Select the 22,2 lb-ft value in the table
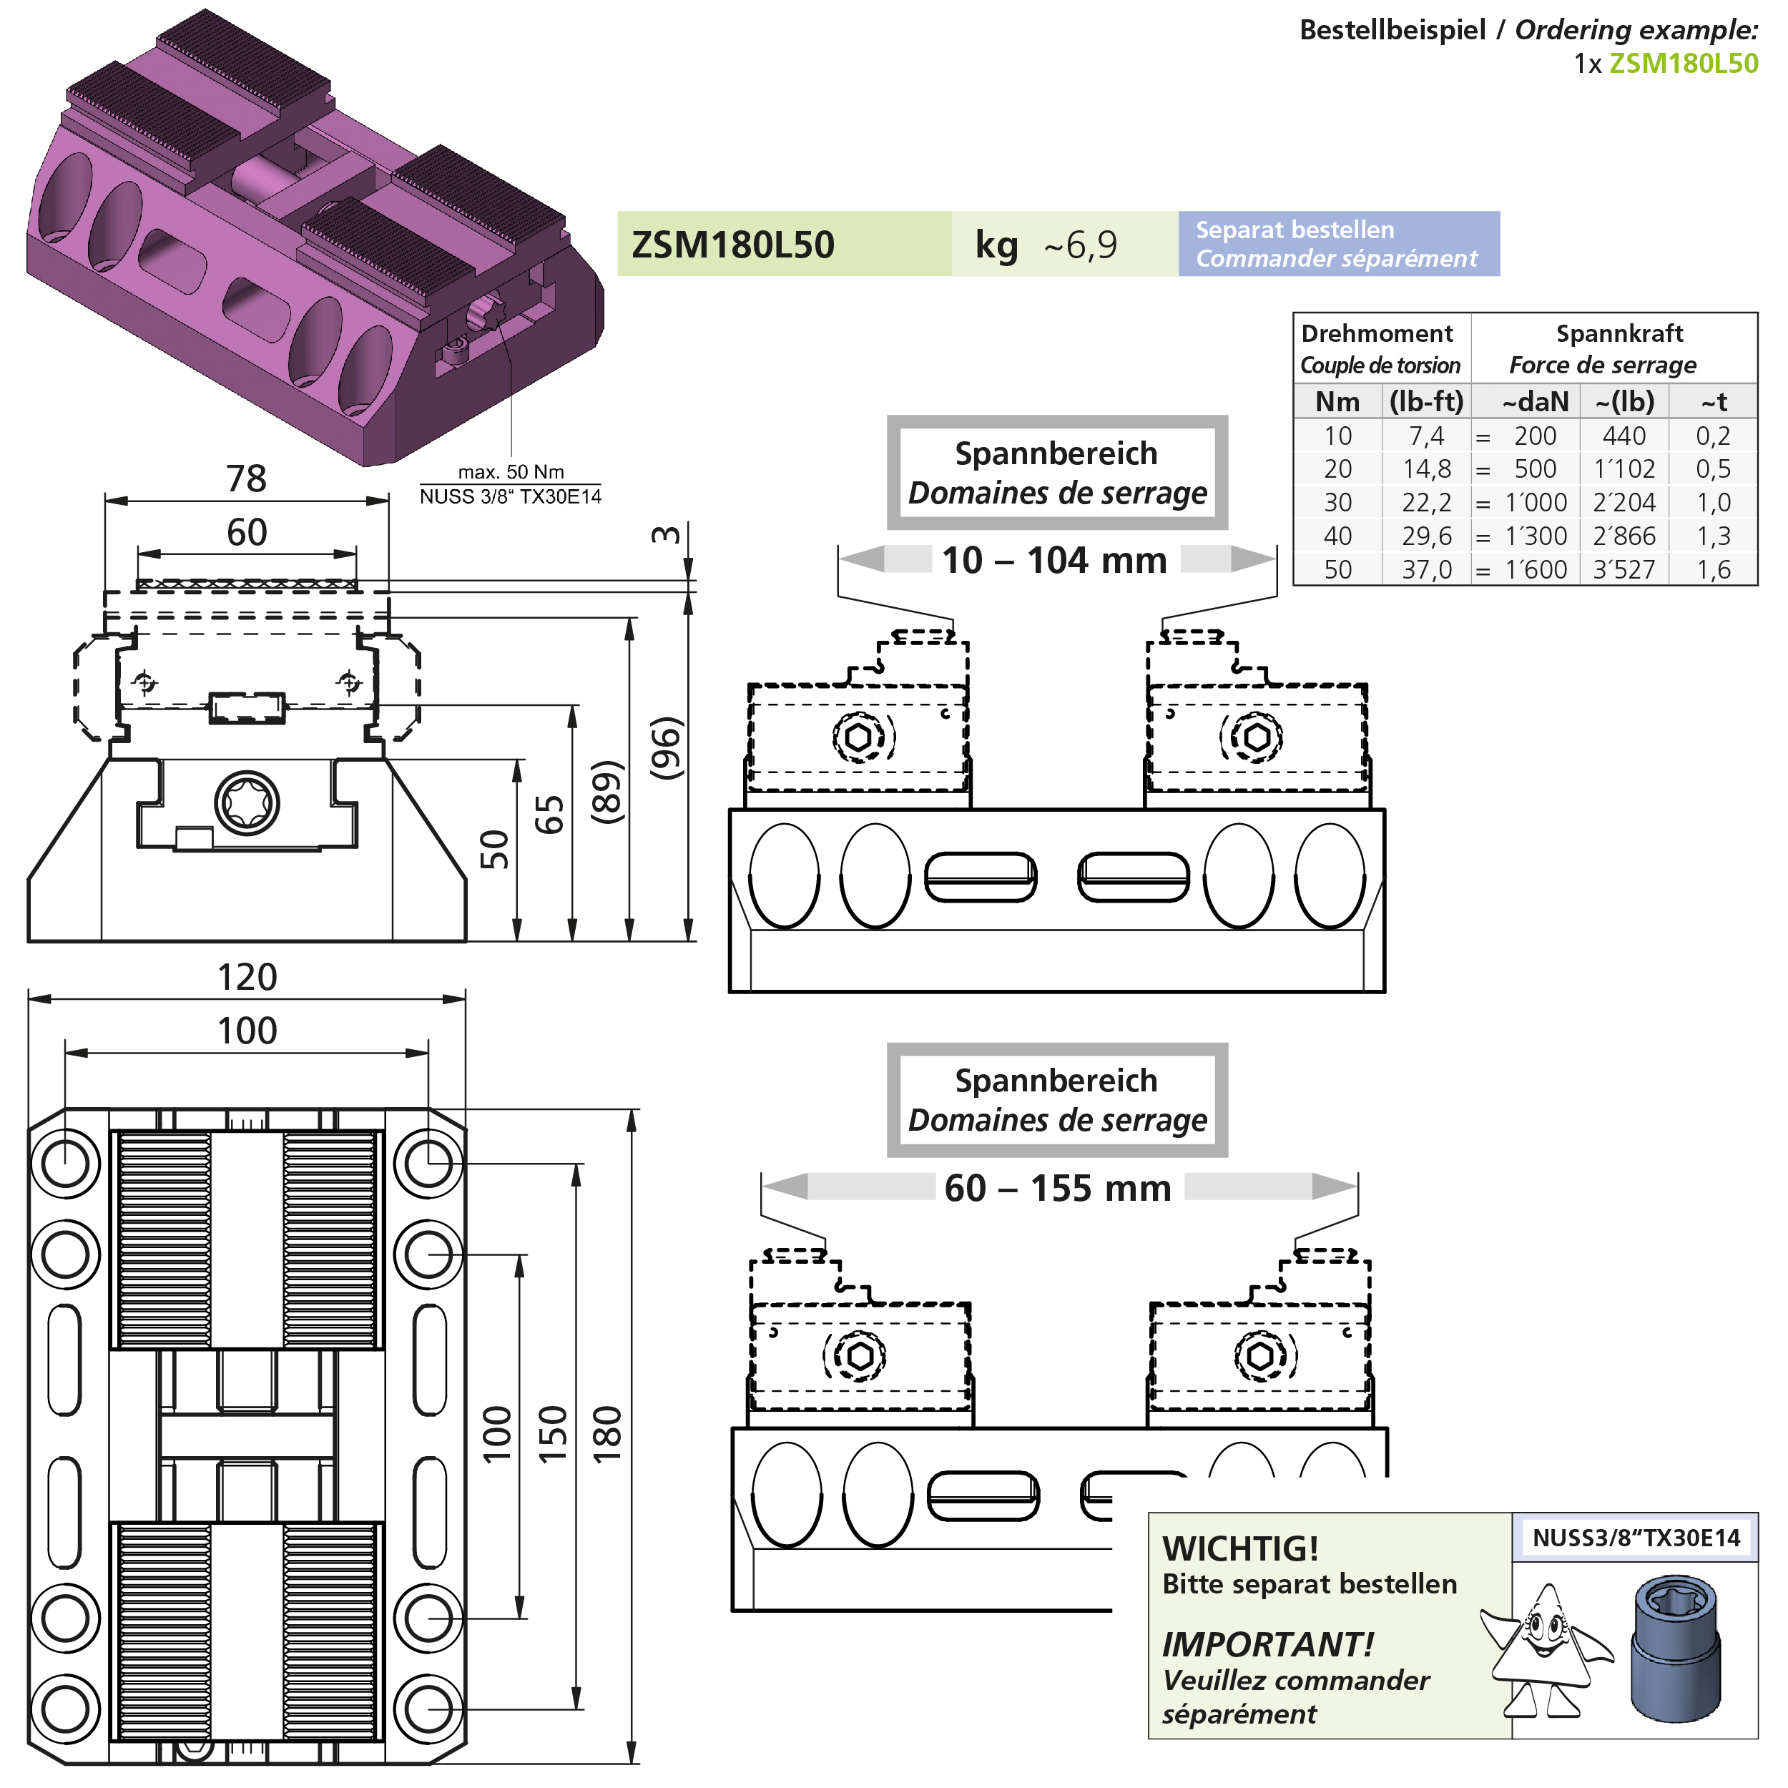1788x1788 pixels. (x=1426, y=503)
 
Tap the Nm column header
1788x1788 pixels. (x=1337, y=402)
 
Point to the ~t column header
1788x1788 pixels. (x=1713, y=402)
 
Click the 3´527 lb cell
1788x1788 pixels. (x=1624, y=569)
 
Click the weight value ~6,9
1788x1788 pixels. (x=1080, y=245)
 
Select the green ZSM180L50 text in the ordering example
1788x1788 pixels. (x=1684, y=63)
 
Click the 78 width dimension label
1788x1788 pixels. (x=246, y=478)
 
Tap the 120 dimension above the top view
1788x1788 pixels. (x=247, y=977)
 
